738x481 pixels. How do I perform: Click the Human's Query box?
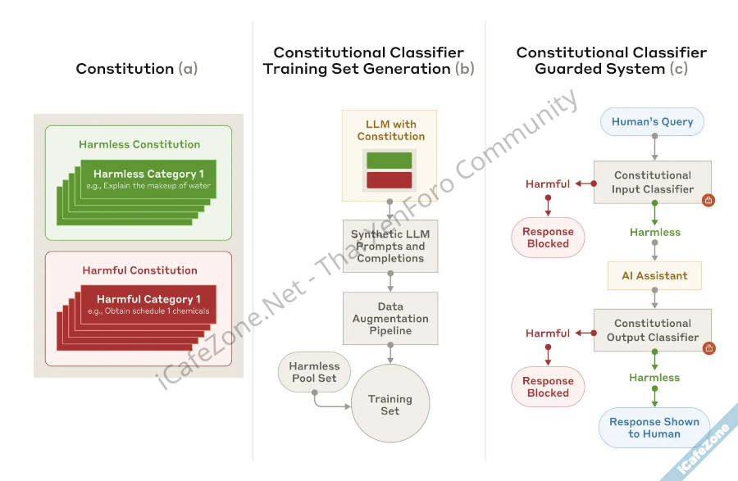653,122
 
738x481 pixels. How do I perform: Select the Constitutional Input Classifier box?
653,182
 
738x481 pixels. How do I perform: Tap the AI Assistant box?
654,276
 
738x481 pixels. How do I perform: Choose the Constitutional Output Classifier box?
653,330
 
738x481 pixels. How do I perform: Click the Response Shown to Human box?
654,428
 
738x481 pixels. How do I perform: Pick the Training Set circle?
390,405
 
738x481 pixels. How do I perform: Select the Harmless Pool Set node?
315,372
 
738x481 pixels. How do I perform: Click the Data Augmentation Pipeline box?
390,319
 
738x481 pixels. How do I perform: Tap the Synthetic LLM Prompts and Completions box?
390,246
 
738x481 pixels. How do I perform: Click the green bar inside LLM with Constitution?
389,160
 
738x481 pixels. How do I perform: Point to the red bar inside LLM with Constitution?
389,179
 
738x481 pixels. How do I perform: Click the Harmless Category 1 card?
148,179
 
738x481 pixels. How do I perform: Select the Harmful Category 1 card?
148,304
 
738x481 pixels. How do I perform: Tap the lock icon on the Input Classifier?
708,199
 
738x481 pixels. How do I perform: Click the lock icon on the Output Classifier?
708,348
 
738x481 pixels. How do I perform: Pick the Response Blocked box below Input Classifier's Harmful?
549,238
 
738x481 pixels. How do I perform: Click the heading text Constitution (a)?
137,69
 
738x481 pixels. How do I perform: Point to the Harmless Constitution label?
139,144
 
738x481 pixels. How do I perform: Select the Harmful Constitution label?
139,270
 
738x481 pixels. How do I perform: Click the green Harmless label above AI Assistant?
654,233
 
